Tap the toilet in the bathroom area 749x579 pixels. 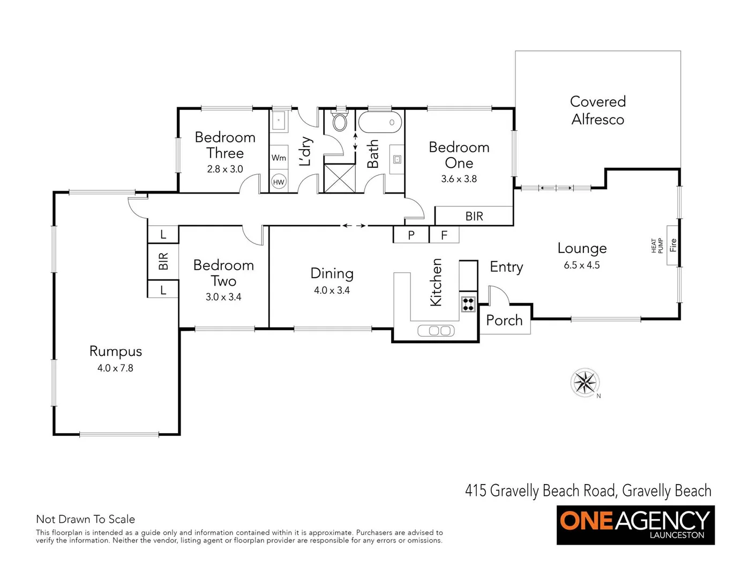pos(340,122)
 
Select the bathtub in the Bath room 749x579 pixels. pos(379,122)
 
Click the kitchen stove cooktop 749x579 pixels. pos(468,304)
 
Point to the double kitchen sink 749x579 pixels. pos(436,331)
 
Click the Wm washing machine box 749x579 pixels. pos(279,158)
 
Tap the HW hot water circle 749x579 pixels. pos(279,182)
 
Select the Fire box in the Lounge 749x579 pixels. pos(673,244)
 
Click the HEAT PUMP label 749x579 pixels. pos(657,246)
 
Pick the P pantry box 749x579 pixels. pos(411,235)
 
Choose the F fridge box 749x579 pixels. pos(444,235)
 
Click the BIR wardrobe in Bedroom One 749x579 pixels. pos(474,216)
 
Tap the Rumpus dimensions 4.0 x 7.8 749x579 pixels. pos(115,368)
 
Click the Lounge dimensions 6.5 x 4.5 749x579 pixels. pos(582,265)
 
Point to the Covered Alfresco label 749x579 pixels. pos(597,110)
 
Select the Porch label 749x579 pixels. pos(504,321)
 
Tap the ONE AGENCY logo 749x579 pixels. pos(635,525)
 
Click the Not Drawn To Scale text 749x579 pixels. pos(85,519)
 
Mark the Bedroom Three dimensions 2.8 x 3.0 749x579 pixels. pos(225,169)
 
